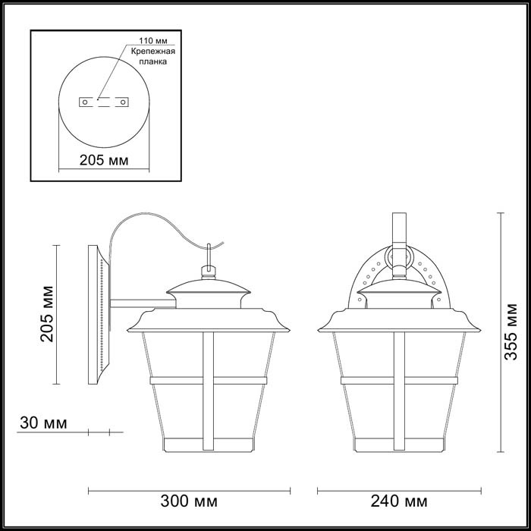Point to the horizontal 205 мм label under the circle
103,161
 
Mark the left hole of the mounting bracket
85,100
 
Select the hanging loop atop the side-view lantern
207,269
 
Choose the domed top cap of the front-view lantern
399,288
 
